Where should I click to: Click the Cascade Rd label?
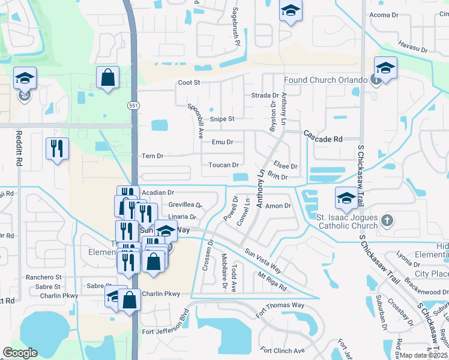click(x=322, y=139)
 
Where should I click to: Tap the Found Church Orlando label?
click(x=325, y=80)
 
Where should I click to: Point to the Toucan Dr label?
click(x=224, y=165)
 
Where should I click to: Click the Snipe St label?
click(x=221, y=119)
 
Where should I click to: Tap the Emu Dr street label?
click(x=222, y=142)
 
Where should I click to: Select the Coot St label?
click(x=187, y=83)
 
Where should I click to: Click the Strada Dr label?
click(x=265, y=95)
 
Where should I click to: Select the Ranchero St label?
click(x=43, y=277)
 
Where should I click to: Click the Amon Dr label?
click(x=278, y=206)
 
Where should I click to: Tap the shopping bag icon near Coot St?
click(x=108, y=77)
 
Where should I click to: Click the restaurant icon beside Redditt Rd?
click(x=58, y=148)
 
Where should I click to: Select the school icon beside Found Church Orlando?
click(x=385, y=68)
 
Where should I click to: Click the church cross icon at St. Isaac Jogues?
click(x=387, y=220)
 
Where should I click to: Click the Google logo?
click(x=20, y=353)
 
